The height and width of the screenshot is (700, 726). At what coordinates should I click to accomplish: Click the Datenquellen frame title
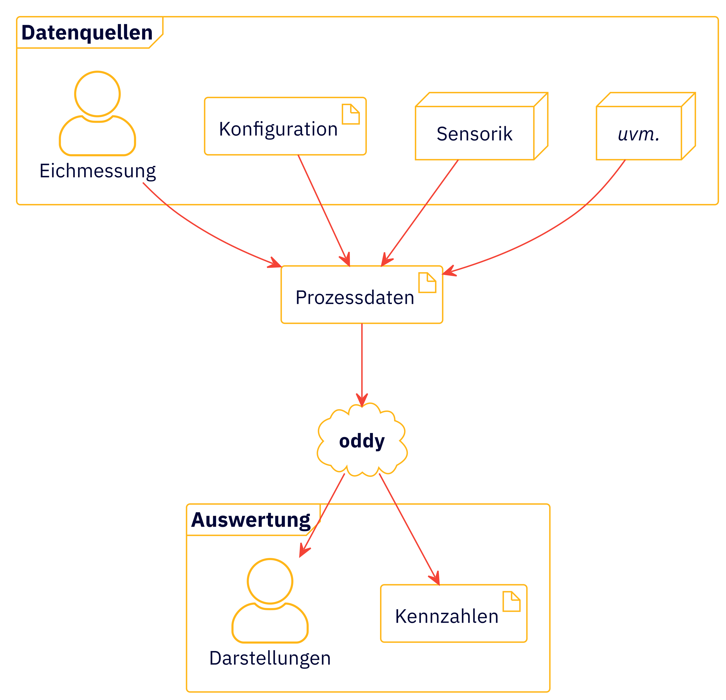point(87,33)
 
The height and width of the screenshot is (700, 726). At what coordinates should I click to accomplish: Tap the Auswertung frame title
point(251,520)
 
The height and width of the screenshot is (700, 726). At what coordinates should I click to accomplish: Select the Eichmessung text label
point(98,171)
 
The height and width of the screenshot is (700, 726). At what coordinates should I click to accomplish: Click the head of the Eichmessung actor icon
point(97,94)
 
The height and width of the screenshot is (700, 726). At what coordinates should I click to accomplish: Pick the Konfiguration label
point(278,129)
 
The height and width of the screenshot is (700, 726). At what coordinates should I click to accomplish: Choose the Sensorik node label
point(474,134)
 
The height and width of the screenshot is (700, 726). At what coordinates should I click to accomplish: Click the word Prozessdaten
point(355,298)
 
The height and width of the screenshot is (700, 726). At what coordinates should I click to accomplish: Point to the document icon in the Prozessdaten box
point(427,283)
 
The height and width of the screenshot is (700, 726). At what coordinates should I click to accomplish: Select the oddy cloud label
point(362,441)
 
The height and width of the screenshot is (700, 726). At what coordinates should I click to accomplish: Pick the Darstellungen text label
point(270,658)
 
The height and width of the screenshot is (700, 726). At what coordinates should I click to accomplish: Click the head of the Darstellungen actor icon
point(270,581)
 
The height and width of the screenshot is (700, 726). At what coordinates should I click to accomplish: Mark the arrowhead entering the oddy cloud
point(362,400)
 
